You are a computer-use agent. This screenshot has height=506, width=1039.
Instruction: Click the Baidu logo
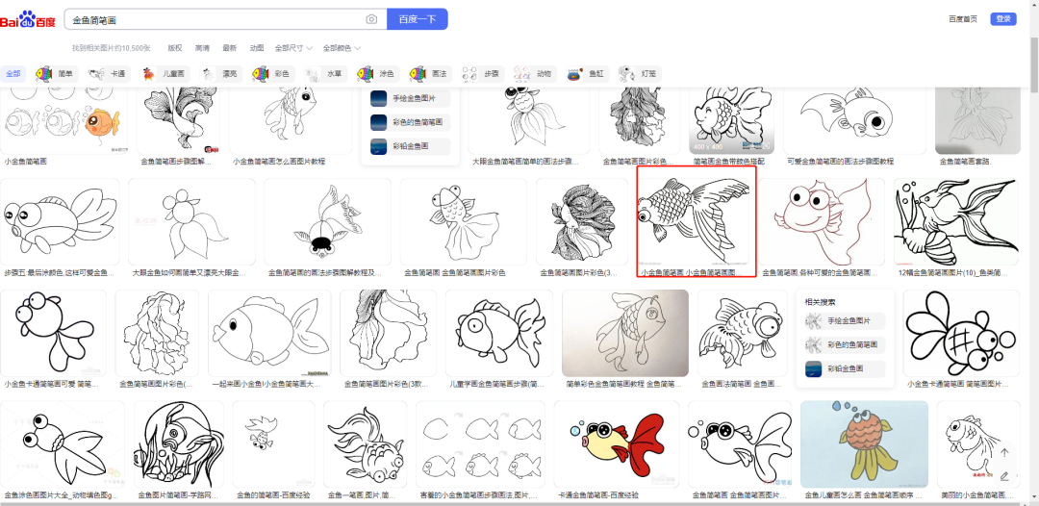point(28,19)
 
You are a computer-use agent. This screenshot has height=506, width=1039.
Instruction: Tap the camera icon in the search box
point(371,19)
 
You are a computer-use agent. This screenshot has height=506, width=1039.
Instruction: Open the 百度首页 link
point(962,19)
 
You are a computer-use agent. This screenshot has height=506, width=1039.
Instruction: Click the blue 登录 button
point(1003,19)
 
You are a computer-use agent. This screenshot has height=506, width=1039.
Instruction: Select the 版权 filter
point(175,47)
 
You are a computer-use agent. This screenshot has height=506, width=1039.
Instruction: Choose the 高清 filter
point(202,47)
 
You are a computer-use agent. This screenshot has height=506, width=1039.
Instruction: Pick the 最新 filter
point(229,47)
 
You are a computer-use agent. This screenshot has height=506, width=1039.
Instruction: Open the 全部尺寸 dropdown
point(292,47)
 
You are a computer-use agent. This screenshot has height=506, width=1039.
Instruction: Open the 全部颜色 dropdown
point(341,47)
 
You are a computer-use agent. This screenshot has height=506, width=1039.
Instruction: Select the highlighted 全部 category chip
point(13,73)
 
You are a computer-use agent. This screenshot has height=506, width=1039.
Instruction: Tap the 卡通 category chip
point(108,73)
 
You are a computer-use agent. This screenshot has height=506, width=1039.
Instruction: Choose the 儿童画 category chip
point(165,73)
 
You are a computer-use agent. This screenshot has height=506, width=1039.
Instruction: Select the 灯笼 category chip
point(640,73)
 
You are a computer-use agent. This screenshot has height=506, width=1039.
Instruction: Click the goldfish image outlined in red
point(696,219)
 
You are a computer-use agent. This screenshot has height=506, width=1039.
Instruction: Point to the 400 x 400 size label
point(709,146)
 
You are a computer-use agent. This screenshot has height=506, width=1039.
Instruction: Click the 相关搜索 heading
point(819,301)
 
